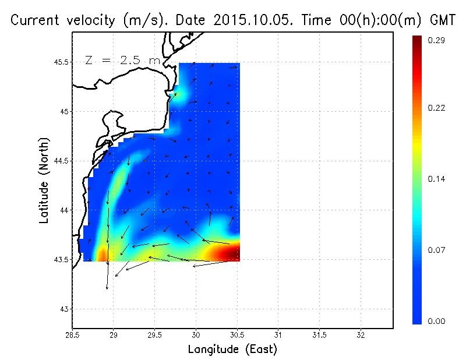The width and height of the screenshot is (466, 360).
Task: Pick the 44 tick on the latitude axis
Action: coord(63,210)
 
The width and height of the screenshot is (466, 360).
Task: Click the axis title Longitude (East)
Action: coord(232,350)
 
